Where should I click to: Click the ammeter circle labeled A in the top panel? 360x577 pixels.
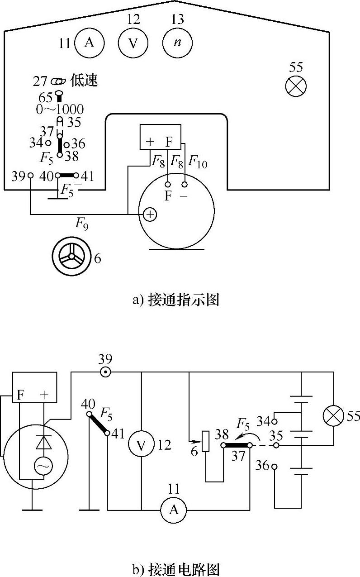pos(89,43)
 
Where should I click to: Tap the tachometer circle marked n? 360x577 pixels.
pos(177,43)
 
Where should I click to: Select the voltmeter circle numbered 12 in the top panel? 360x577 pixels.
pos(133,43)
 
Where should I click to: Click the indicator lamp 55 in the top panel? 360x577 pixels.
pos(297,86)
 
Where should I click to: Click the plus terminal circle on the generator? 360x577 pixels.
pos(150,215)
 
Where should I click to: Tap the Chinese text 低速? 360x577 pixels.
pos(85,81)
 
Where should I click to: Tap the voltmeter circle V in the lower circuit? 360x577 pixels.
pos(142,445)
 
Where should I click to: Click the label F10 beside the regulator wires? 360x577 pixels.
pos(198,162)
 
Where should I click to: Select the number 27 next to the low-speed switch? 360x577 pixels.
pos(40,81)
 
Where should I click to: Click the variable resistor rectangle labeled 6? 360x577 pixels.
pos(206,442)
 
